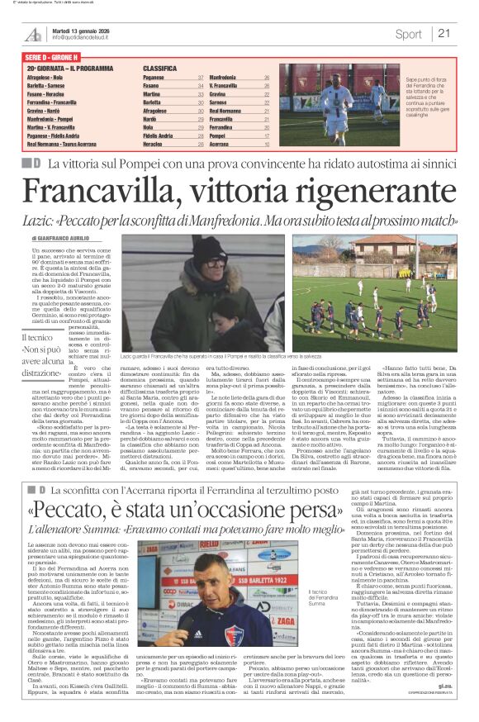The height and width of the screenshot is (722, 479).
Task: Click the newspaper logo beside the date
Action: coord(32,32)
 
